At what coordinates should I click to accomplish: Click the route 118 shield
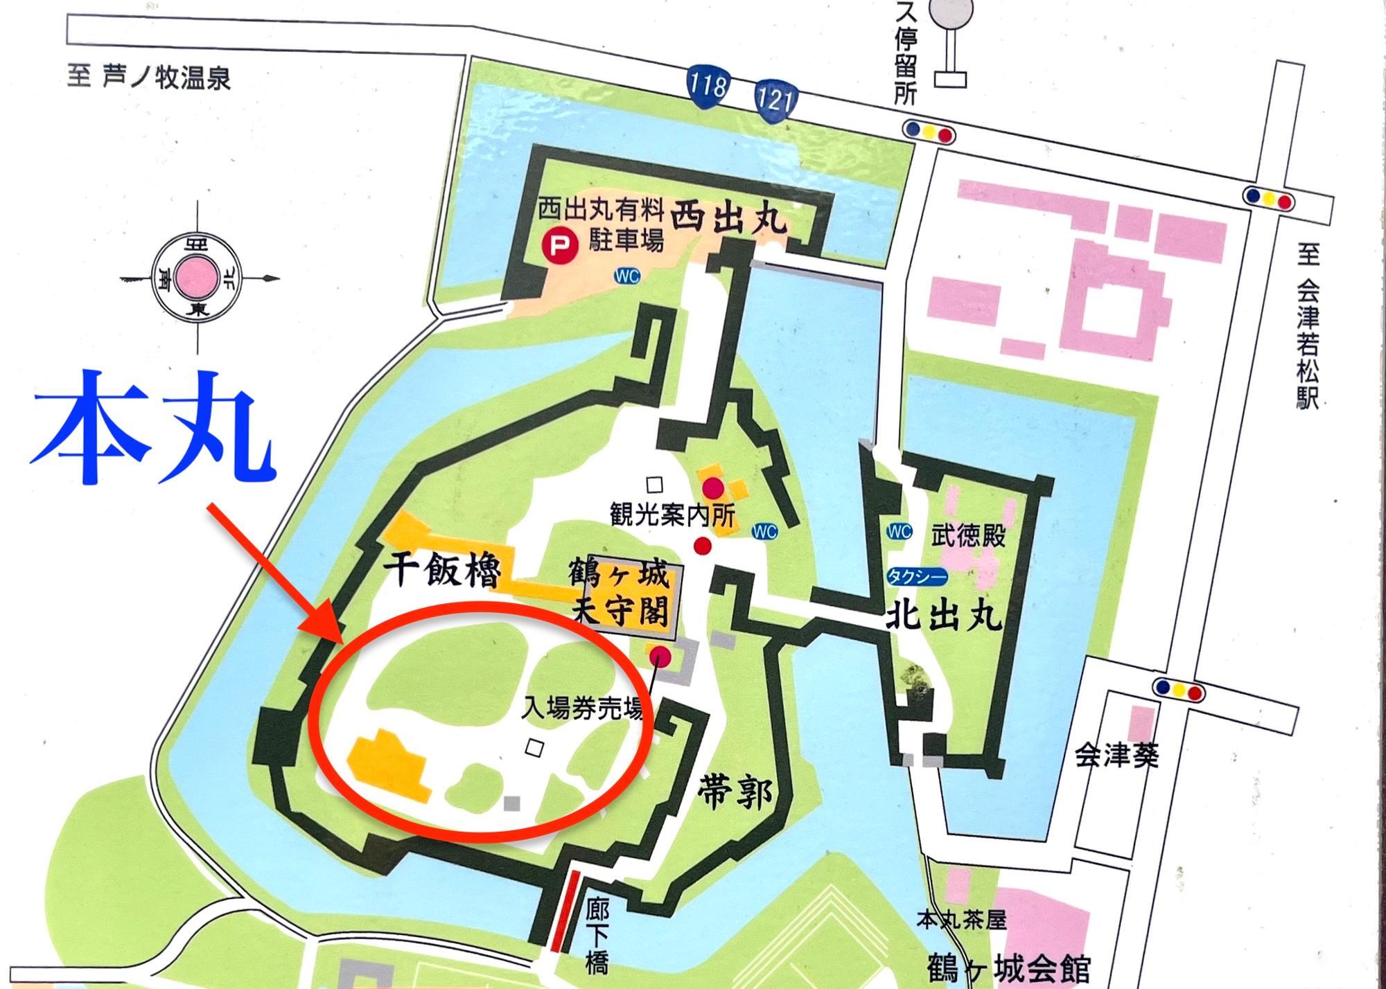708,86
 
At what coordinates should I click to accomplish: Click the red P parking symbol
556,246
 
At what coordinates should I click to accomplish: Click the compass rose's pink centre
195,278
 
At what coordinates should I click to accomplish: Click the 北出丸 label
945,614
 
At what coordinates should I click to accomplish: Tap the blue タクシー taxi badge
916,576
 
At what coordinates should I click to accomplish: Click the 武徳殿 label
968,536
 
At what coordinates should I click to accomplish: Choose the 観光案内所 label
671,515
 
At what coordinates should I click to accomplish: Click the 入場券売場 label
582,709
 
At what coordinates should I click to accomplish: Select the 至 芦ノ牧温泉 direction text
149,78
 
